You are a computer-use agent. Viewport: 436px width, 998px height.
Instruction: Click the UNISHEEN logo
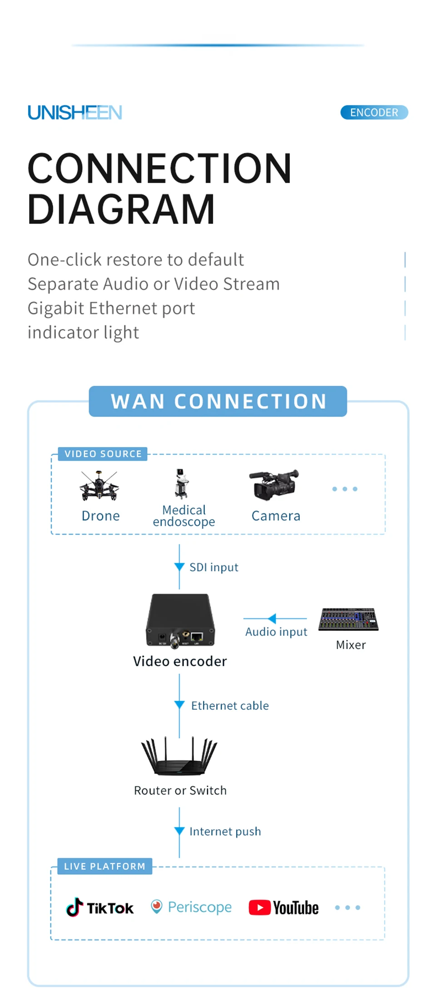(x=75, y=113)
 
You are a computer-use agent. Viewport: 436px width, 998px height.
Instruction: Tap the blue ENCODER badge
(x=374, y=113)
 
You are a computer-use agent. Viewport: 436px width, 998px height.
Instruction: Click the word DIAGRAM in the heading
(x=121, y=209)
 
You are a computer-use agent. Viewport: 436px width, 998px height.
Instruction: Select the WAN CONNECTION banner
(x=218, y=401)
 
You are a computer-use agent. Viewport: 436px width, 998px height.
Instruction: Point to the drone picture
(x=99, y=486)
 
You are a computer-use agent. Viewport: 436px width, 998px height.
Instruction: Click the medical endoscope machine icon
(x=182, y=484)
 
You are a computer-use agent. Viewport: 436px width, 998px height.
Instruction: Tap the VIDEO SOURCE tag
(x=103, y=454)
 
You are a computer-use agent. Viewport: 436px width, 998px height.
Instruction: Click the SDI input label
(x=213, y=567)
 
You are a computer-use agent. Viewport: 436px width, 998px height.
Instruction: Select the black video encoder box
(x=180, y=620)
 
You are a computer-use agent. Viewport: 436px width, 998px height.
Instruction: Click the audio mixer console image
(x=348, y=619)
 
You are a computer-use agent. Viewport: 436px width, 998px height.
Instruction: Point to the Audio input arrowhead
(x=272, y=619)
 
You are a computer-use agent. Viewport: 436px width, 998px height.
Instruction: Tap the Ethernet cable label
(x=230, y=706)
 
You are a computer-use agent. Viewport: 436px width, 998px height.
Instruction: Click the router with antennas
(x=179, y=756)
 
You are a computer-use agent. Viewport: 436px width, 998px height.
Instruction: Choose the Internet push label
(x=225, y=831)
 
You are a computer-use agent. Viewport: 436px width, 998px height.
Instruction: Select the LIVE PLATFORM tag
(x=104, y=866)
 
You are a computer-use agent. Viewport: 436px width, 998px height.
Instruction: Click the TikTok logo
(x=100, y=908)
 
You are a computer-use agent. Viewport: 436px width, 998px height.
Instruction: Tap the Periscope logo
(x=191, y=907)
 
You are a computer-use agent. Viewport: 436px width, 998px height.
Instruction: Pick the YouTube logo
(x=284, y=908)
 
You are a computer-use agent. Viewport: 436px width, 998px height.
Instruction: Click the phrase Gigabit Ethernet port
(x=111, y=308)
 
